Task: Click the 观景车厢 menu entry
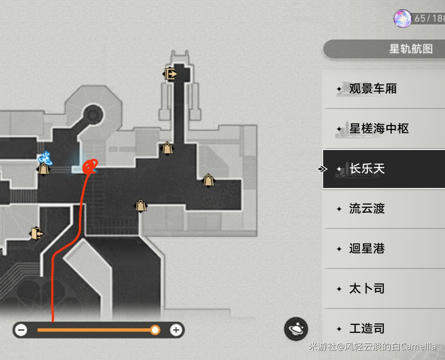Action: pyautogui.click(x=373, y=89)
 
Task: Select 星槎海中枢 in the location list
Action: pyautogui.click(x=379, y=129)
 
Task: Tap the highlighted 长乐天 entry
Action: pyautogui.click(x=367, y=169)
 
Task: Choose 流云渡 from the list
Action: pyautogui.click(x=367, y=209)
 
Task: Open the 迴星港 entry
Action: pyautogui.click(x=367, y=249)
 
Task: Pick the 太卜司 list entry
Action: pyautogui.click(x=367, y=289)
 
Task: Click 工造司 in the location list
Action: pyautogui.click(x=367, y=329)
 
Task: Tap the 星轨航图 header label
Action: pyautogui.click(x=411, y=49)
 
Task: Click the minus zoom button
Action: pyautogui.click(x=21, y=330)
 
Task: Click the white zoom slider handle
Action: pyautogui.click(x=155, y=330)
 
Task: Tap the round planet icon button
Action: pyautogui.click(x=296, y=329)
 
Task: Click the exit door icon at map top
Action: pyautogui.click(x=170, y=74)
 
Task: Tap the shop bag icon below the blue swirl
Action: pyautogui.click(x=43, y=169)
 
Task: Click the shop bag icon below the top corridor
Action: pyautogui.click(x=167, y=148)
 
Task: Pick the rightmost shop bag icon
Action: pyautogui.click(x=208, y=180)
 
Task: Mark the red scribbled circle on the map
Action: pyautogui.click(x=90, y=166)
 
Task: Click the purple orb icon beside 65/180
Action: pyautogui.click(x=403, y=18)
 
